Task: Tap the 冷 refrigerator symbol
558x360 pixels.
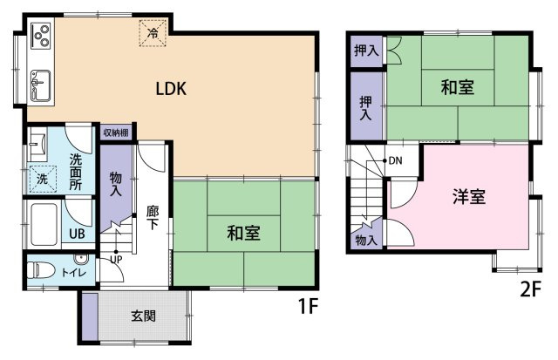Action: point(153,34)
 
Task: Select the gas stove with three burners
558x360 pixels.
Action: point(40,37)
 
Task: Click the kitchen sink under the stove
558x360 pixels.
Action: point(41,85)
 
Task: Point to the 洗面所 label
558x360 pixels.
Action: point(76,171)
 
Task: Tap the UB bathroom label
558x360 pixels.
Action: point(77,233)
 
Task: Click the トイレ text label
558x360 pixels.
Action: point(71,274)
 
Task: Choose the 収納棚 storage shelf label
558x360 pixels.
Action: point(116,132)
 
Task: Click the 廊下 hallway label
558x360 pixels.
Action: point(153,216)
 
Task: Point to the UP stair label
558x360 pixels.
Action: point(116,259)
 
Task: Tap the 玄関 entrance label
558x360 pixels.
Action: point(144,316)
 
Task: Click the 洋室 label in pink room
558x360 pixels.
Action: point(468,196)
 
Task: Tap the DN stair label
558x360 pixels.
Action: point(395,160)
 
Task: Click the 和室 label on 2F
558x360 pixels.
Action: point(457,87)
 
